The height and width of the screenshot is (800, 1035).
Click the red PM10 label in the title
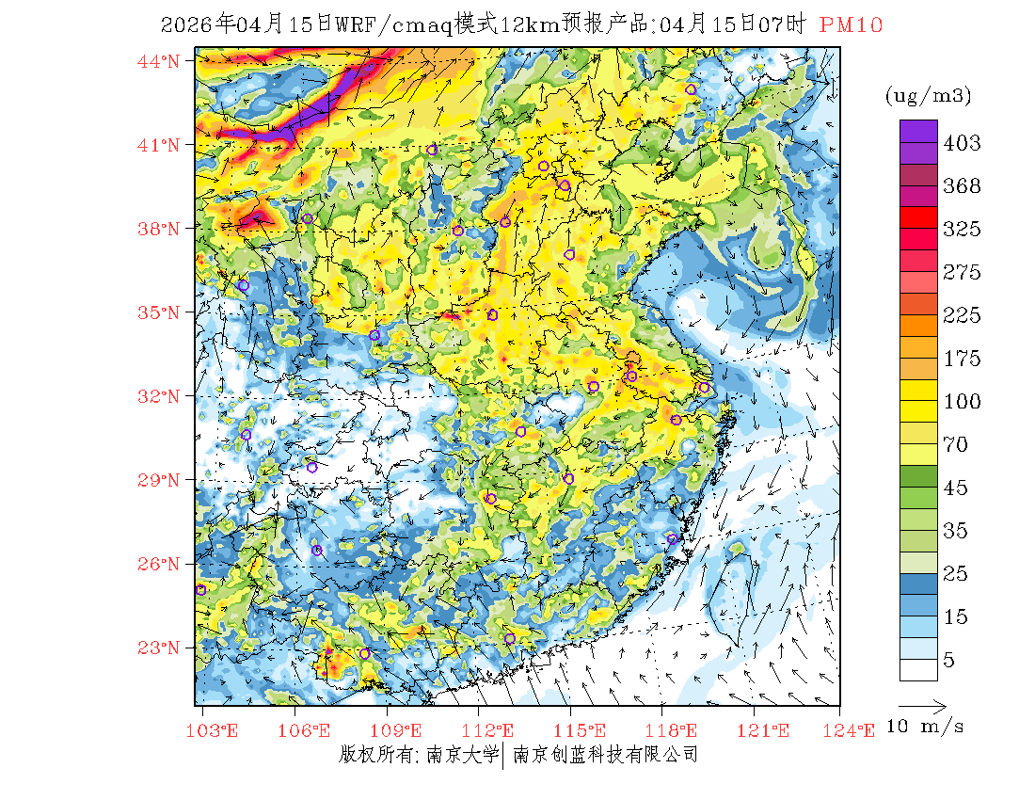point(851,25)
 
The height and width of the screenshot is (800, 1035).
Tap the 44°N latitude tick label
point(159,62)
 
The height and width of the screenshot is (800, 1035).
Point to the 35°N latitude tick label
point(159,312)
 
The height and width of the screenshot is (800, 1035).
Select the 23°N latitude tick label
point(159,648)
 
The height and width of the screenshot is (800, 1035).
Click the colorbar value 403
point(963,143)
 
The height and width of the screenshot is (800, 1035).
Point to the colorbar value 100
point(963,402)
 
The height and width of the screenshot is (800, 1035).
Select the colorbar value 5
point(949,661)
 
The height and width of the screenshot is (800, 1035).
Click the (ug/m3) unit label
point(928,95)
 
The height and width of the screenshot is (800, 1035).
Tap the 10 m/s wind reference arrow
point(921,704)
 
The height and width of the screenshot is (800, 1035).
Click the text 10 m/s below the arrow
point(926,727)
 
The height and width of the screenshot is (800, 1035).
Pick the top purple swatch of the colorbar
point(918,131)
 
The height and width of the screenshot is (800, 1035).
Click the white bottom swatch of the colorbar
point(918,669)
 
